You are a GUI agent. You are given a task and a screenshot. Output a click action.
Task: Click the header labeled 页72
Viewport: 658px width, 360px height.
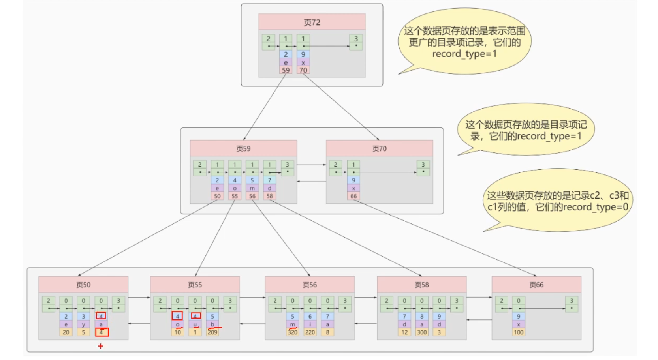312,22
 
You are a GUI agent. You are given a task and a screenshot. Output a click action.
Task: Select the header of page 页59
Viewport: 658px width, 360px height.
243,148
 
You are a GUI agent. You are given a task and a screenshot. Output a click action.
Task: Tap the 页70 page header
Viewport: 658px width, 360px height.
379,148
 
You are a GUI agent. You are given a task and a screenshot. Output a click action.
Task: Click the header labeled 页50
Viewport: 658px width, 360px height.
83,285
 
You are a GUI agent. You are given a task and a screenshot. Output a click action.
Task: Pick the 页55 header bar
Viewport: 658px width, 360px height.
195,285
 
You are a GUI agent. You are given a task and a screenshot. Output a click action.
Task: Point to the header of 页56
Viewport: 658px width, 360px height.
310,285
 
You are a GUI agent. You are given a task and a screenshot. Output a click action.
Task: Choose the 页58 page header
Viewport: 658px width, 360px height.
422,285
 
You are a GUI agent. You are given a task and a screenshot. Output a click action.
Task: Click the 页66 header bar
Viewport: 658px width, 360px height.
536,285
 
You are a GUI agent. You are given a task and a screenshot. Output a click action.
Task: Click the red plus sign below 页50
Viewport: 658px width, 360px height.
101,346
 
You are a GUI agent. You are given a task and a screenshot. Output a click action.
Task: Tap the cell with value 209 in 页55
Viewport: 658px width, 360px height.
212,332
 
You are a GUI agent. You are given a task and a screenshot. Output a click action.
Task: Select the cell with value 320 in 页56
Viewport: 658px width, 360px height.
292,332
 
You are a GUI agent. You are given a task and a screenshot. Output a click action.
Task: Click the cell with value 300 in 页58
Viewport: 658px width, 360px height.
422,332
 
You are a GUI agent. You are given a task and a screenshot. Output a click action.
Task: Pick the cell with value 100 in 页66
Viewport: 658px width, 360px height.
519,332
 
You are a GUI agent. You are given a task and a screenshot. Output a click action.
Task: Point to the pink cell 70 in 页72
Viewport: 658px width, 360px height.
303,70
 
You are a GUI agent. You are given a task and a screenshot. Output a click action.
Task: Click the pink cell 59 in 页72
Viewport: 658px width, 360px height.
286,70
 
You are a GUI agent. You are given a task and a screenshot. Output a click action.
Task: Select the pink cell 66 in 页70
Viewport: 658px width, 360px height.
353,196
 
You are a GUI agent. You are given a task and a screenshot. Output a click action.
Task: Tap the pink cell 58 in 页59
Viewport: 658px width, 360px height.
270,196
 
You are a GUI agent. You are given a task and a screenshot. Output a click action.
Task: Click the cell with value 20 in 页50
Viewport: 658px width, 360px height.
66,332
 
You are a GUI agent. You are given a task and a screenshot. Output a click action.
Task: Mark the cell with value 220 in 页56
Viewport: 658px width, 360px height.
310,332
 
